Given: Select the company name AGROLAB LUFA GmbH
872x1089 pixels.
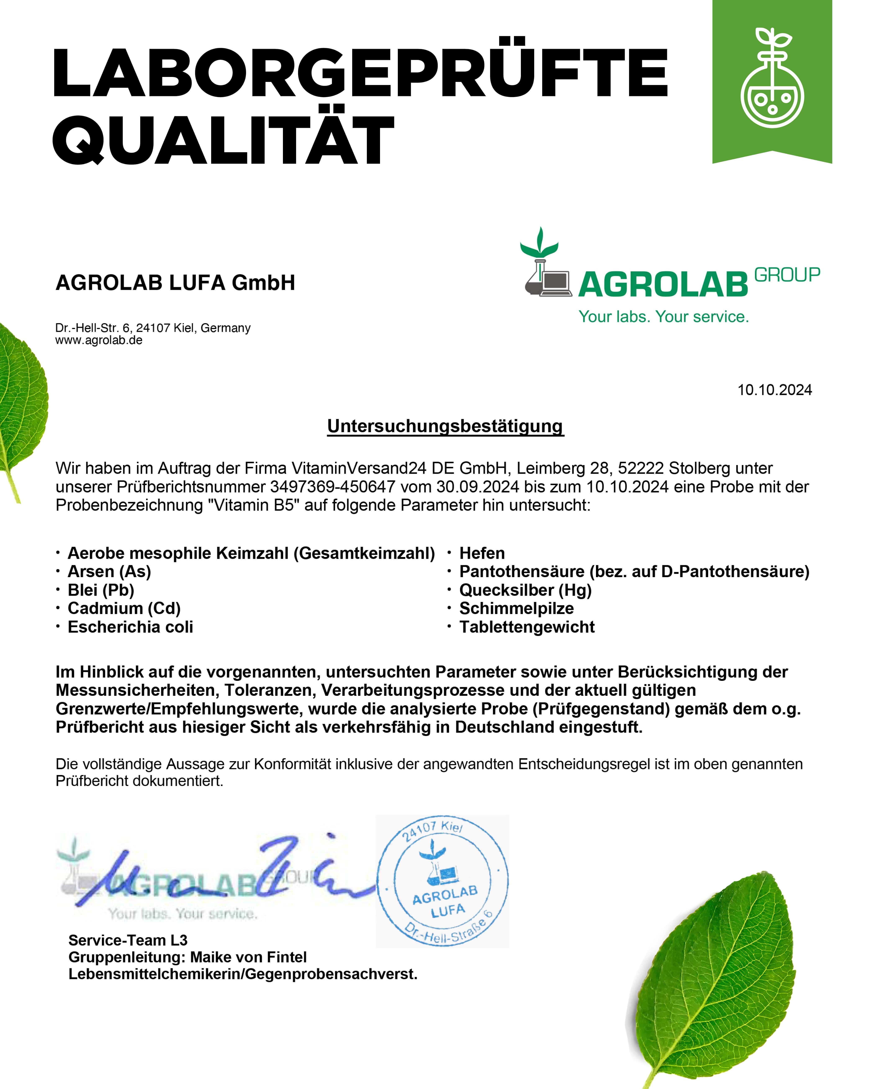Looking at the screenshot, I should [x=175, y=283].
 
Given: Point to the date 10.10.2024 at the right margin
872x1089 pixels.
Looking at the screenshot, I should [x=774, y=390].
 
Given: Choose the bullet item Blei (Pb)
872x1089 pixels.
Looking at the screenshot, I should [x=101, y=590].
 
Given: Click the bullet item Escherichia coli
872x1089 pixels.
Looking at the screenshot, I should [x=130, y=627].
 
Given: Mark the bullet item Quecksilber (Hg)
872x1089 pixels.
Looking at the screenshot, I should [x=525, y=590].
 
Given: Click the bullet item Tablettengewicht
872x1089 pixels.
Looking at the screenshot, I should [x=527, y=627].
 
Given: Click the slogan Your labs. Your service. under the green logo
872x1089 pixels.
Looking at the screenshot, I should [x=663, y=317].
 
